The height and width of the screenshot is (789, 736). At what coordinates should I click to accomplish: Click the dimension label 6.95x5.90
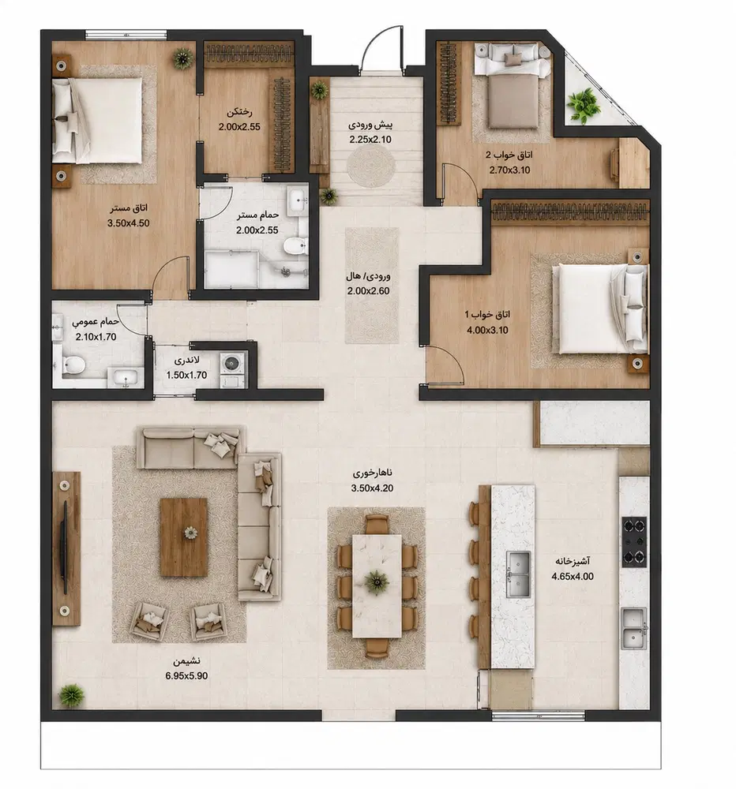pos(186,676)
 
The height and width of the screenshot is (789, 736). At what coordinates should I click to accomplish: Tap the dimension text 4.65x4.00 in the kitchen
pos(573,577)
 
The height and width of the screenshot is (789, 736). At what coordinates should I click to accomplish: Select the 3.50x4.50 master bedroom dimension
pos(129,223)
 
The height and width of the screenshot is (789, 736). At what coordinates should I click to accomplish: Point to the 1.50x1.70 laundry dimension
pos(187,375)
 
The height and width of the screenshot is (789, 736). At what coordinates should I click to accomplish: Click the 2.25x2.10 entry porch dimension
pos(370,140)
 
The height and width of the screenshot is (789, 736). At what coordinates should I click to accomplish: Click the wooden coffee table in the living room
pos(184,537)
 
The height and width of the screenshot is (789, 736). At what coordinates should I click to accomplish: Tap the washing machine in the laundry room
pos(231,363)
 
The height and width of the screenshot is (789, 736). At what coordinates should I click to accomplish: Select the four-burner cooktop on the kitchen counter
pos(634,542)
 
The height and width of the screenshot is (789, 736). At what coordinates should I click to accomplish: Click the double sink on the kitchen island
pos(518,574)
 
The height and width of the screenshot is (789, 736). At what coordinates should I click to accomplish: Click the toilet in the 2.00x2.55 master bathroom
pos(295,246)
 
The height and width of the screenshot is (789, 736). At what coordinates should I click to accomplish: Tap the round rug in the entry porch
pos(371,166)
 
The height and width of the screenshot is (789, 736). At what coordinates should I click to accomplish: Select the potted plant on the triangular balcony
pos(584,106)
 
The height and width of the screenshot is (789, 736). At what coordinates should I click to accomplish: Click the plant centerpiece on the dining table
pos(377,581)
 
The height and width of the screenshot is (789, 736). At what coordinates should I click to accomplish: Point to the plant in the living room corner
pos(72,696)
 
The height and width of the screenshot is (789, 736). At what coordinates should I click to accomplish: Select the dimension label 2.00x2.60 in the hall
pos(368,291)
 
